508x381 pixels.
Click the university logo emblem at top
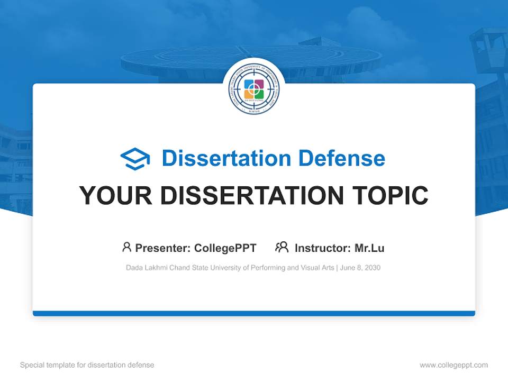point(254,89)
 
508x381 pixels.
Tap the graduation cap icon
point(135,159)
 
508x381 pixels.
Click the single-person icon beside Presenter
point(126,247)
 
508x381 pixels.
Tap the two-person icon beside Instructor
point(282,247)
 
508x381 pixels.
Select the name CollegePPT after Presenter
point(225,248)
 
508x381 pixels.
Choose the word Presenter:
point(163,248)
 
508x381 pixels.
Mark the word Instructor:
point(322,248)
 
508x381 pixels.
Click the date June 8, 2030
point(360,268)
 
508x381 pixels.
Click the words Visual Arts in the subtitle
point(316,268)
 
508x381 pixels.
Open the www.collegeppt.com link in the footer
point(453,365)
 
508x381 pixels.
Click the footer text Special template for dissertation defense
point(87,365)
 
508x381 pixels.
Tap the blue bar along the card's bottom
point(254,313)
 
